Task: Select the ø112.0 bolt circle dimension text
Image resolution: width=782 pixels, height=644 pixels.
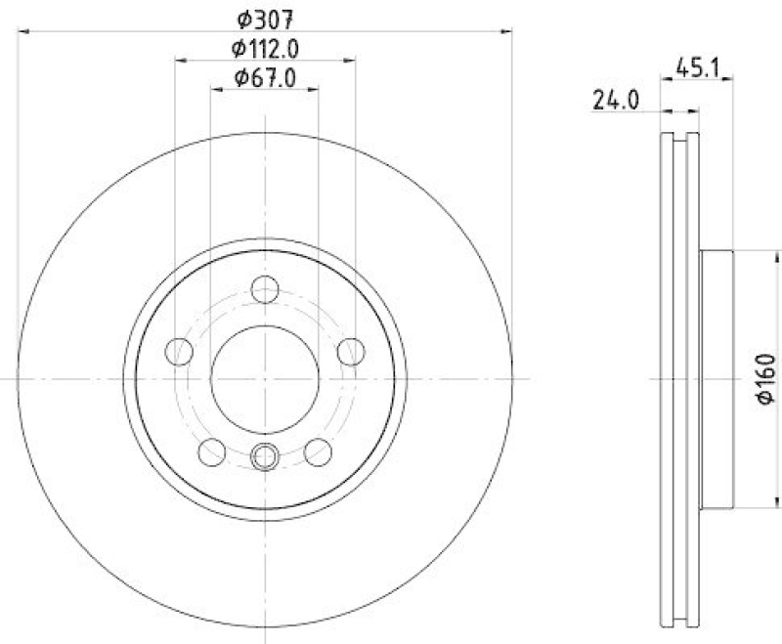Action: pyautogui.click(x=265, y=47)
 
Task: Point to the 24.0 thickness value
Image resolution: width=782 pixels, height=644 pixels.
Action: pyautogui.click(x=616, y=99)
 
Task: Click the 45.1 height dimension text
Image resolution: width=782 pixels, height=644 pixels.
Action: pyautogui.click(x=696, y=68)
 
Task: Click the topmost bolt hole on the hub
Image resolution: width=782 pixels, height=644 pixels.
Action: pyautogui.click(x=265, y=289)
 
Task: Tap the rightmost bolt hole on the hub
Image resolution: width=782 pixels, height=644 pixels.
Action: pyautogui.click(x=350, y=351)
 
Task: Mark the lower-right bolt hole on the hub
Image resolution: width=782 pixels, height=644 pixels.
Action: pyautogui.click(x=318, y=451)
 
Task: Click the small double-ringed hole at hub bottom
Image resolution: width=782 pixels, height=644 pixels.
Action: pyautogui.click(x=265, y=455)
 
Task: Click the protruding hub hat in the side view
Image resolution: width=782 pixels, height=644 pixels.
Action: pyautogui.click(x=717, y=378)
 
